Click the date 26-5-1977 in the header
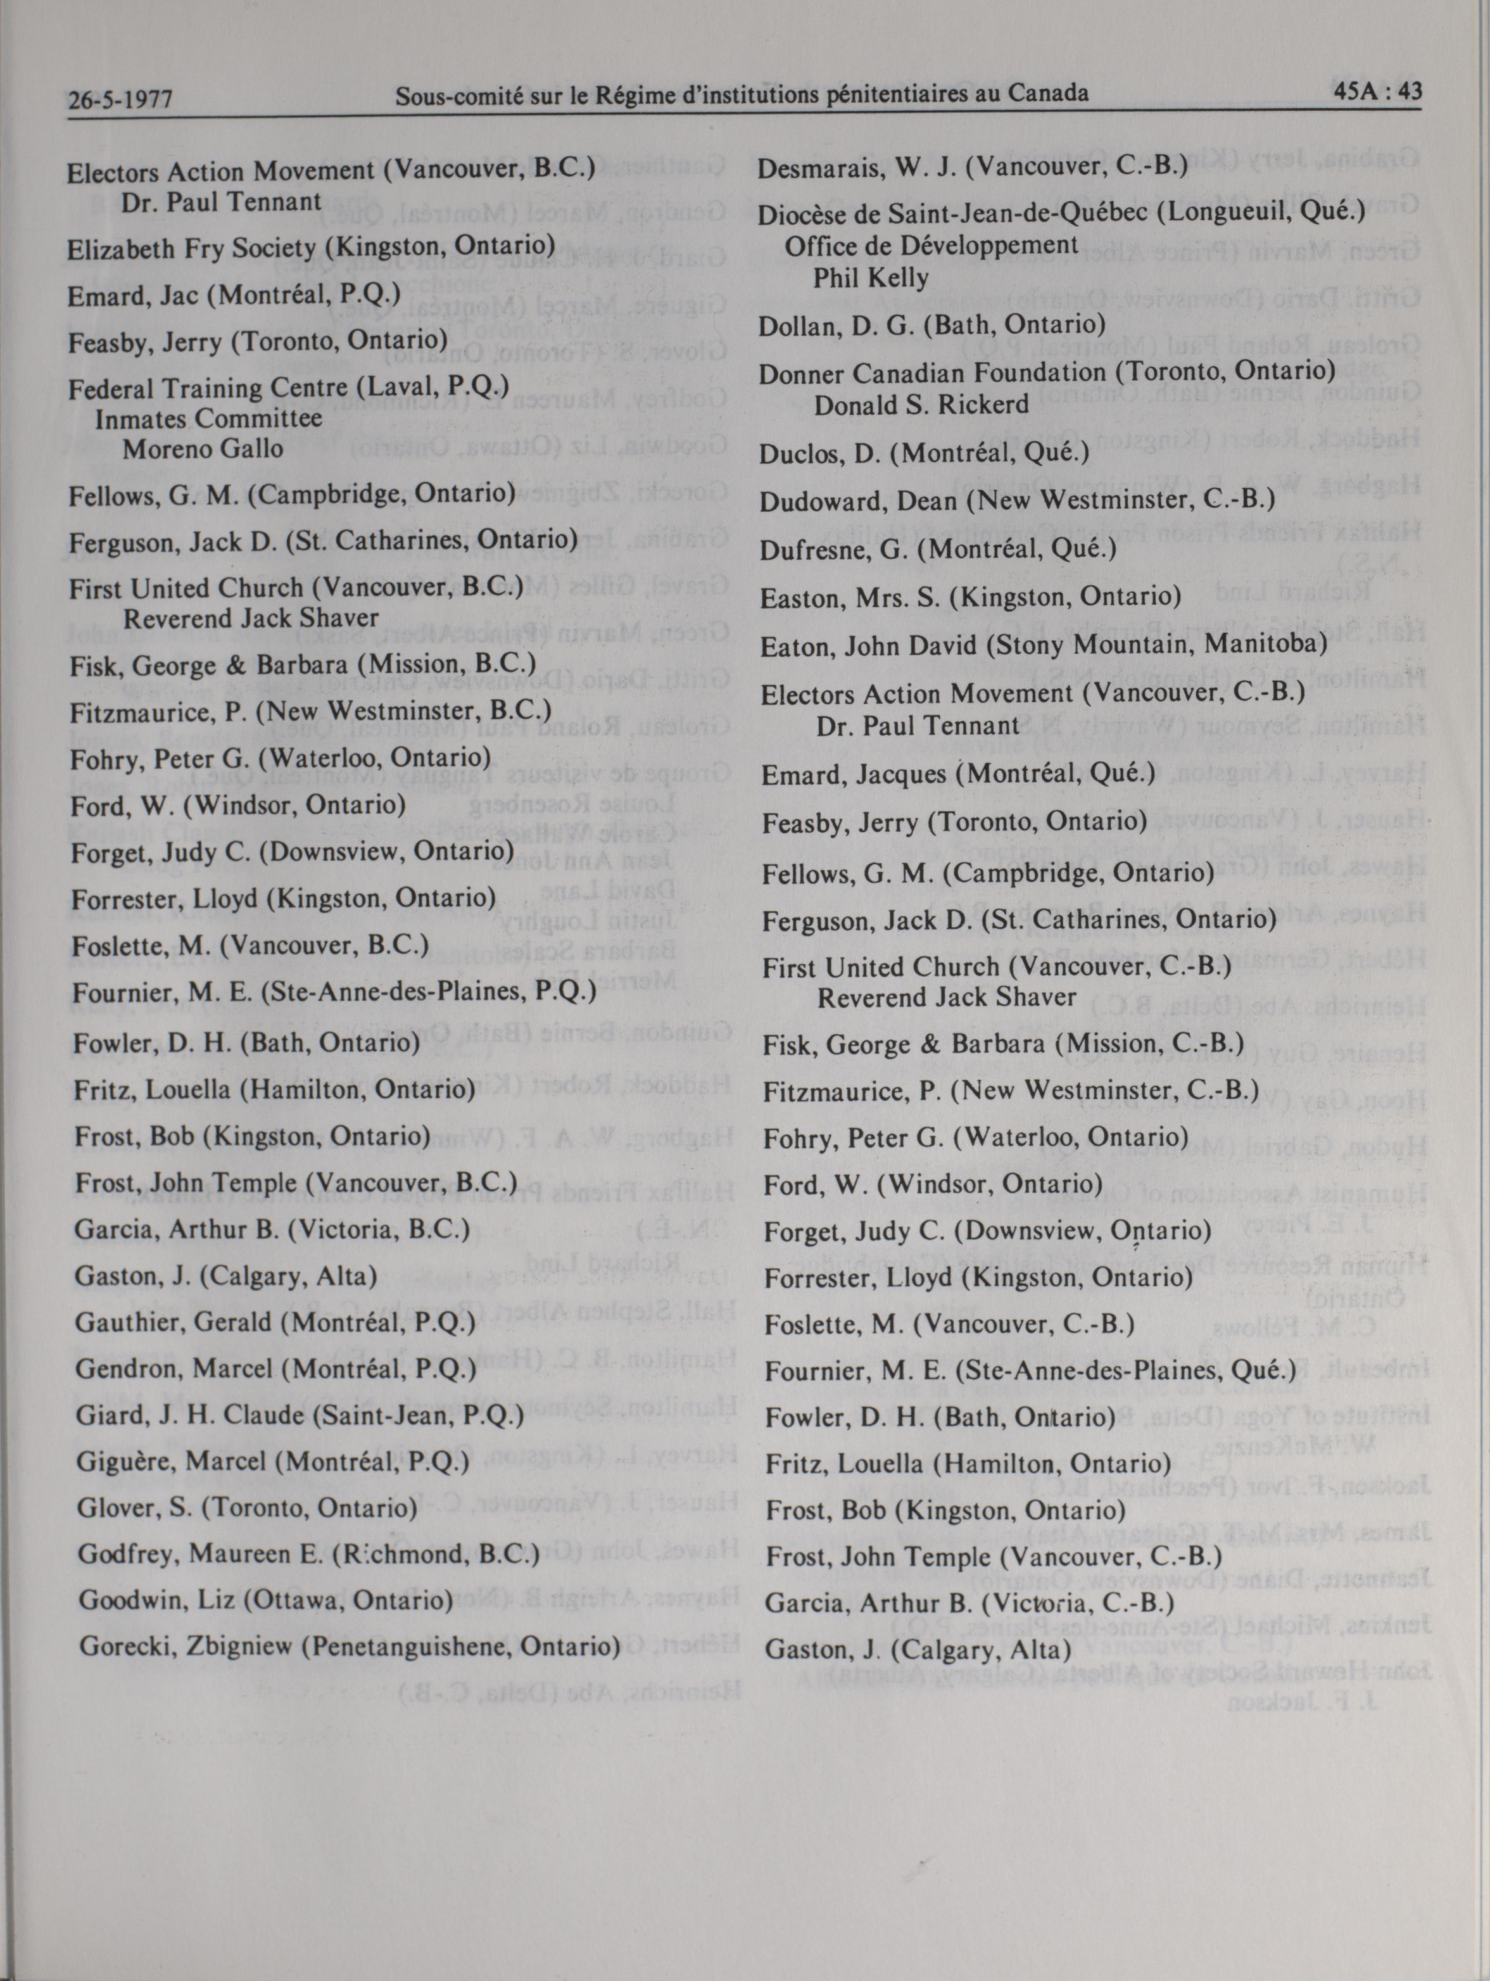[x=120, y=99]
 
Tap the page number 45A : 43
[x=1375, y=92]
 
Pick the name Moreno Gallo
[x=203, y=448]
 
